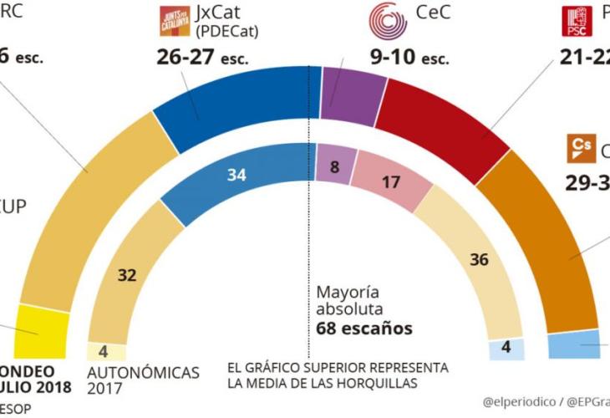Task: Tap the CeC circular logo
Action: click(x=389, y=22)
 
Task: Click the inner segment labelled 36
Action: click(x=476, y=260)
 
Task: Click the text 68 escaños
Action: click(x=364, y=329)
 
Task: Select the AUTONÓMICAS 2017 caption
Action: click(x=144, y=380)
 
